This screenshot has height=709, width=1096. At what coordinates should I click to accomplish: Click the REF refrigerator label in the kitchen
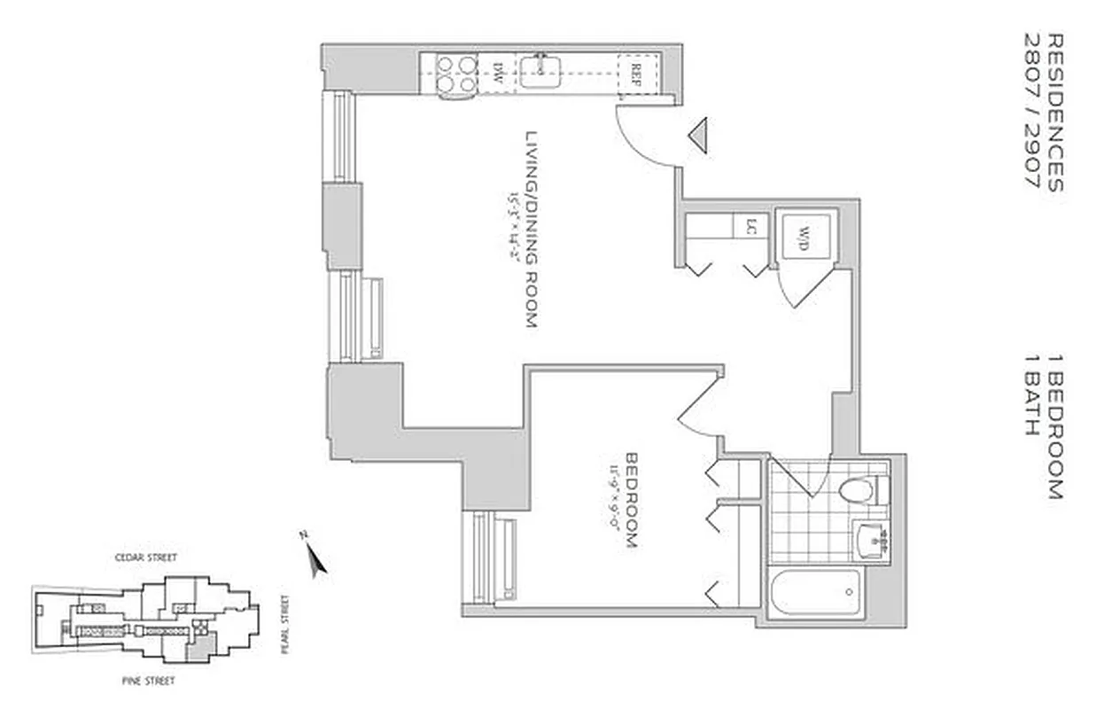pos(635,71)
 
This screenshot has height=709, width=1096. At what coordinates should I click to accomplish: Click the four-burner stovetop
pos(454,72)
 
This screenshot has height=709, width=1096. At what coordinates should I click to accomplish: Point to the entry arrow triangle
pos(699,136)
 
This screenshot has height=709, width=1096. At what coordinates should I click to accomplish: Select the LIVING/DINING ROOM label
pos(532,230)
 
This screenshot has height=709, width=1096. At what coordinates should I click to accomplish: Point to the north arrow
pos(314,555)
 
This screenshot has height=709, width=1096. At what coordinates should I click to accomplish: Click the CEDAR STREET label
pos(146,557)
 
